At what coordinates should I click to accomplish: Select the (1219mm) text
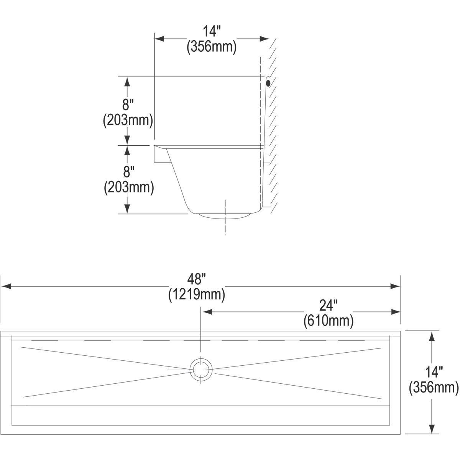[x=196, y=295]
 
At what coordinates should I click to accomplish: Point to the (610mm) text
[x=328, y=321]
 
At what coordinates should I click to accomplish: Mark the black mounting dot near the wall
[x=268, y=82]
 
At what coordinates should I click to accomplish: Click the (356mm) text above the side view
[x=211, y=47]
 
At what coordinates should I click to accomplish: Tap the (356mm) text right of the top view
[x=434, y=388]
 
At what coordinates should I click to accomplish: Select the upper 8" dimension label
[x=128, y=104]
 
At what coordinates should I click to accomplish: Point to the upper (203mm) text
[x=128, y=120]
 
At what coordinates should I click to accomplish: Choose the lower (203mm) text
[x=129, y=187]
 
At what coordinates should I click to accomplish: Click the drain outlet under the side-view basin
[x=225, y=215]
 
